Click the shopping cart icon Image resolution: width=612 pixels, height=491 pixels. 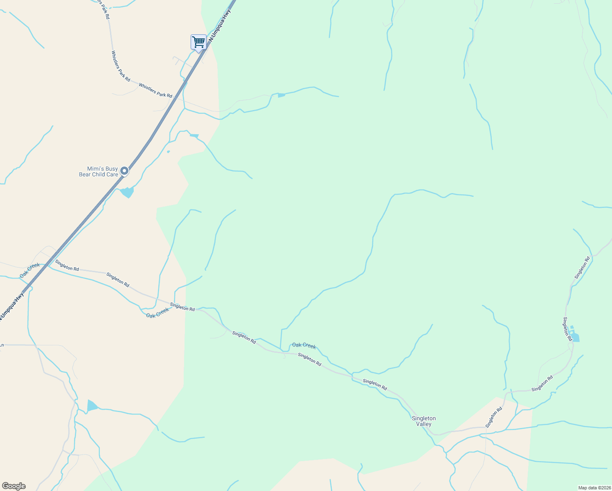pyautogui.click(x=198, y=42)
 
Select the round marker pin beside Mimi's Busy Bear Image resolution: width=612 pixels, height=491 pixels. pyautogui.click(x=124, y=171)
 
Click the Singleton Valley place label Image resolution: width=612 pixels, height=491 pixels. pyautogui.click(x=424, y=421)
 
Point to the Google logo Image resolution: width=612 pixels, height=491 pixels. pyautogui.click(x=13, y=486)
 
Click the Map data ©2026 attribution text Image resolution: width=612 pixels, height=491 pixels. pyautogui.click(x=594, y=488)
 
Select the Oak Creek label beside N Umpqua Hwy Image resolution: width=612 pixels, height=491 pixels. pyautogui.click(x=30, y=270)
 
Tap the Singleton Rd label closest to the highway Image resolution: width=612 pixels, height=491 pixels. pyautogui.click(x=67, y=266)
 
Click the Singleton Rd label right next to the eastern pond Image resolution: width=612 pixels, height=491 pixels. pyautogui.click(x=567, y=329)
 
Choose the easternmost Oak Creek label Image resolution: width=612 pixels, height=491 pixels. pyautogui.click(x=304, y=346)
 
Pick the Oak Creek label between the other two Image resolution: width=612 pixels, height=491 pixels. pyautogui.click(x=157, y=313)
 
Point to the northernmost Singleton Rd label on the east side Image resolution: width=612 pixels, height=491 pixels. pyautogui.click(x=582, y=268)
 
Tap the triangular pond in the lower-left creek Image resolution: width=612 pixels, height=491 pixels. pyautogui.click(x=92, y=406)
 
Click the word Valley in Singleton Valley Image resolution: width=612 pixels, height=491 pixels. pyautogui.click(x=424, y=424)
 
